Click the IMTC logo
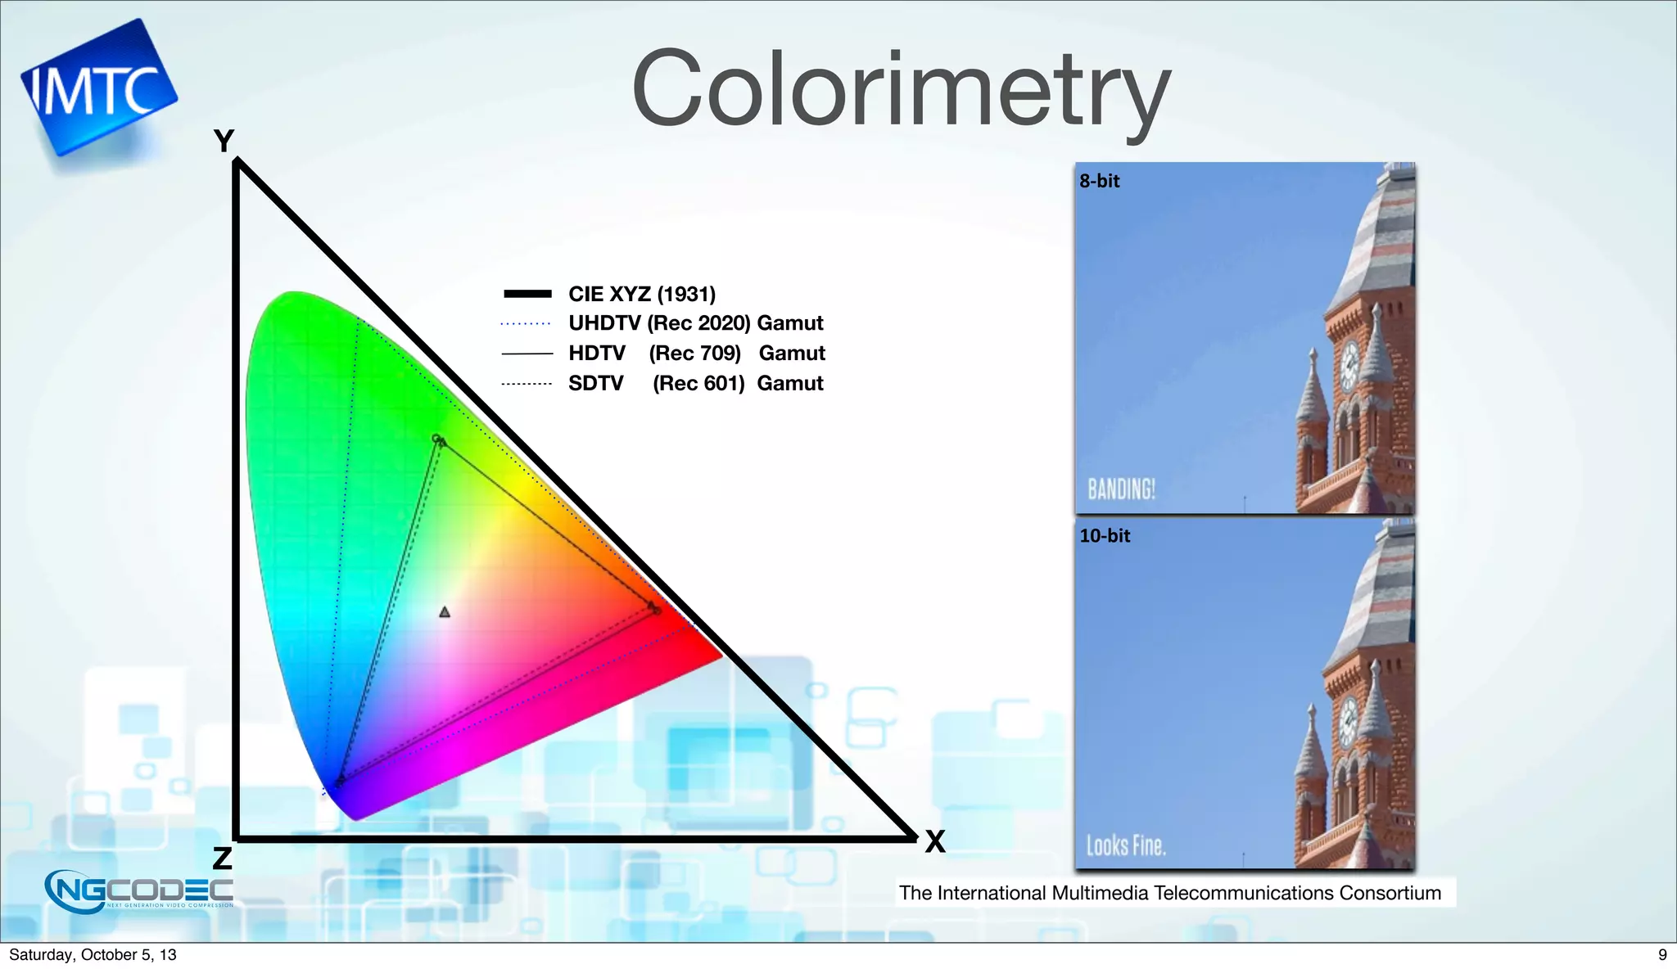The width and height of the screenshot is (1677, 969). (x=97, y=88)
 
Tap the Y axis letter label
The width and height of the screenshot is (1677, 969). (x=224, y=141)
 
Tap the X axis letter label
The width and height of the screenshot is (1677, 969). (x=934, y=841)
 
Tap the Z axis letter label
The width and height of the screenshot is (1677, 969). (x=222, y=859)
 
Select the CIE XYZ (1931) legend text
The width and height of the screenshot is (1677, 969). (x=641, y=294)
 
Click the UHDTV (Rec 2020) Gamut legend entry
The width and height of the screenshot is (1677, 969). (x=694, y=323)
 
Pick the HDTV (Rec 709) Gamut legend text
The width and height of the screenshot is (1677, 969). (x=696, y=354)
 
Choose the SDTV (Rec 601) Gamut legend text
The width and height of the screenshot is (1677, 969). (x=694, y=383)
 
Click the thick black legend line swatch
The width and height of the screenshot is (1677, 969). (x=527, y=294)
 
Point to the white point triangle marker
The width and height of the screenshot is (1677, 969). (x=445, y=612)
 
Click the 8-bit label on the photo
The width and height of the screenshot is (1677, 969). (x=1099, y=181)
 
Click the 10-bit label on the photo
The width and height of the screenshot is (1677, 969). (x=1104, y=536)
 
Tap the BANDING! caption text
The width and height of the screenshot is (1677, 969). (x=1121, y=489)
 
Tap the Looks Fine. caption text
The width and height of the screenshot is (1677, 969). (x=1126, y=845)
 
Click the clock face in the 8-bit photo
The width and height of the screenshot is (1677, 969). (x=1349, y=364)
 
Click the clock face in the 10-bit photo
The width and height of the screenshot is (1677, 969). (x=1348, y=721)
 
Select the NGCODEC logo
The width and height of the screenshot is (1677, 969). (x=139, y=890)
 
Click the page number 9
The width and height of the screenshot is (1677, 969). (x=1661, y=954)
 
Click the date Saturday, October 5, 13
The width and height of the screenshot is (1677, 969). (x=93, y=954)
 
